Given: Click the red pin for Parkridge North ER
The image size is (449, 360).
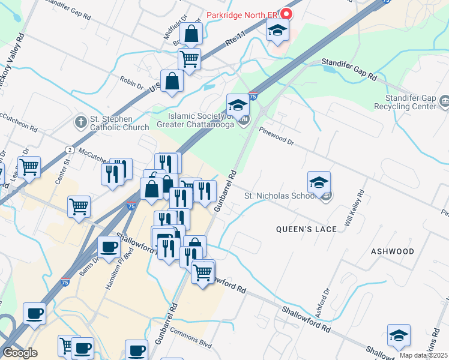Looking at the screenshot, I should point(286,14).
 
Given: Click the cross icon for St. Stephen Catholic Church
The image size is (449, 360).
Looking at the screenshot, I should point(80,122).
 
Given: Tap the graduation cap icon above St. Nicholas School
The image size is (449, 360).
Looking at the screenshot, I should point(319,182).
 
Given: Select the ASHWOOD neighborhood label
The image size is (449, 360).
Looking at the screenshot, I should point(392,251).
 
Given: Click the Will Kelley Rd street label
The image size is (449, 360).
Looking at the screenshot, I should point(355,208).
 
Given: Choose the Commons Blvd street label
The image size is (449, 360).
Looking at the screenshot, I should point(191,338).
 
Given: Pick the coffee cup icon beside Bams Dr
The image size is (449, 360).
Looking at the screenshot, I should point(109,247).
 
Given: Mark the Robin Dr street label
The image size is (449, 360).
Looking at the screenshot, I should point(131,82).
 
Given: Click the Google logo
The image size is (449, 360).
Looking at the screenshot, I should point(20,352).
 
